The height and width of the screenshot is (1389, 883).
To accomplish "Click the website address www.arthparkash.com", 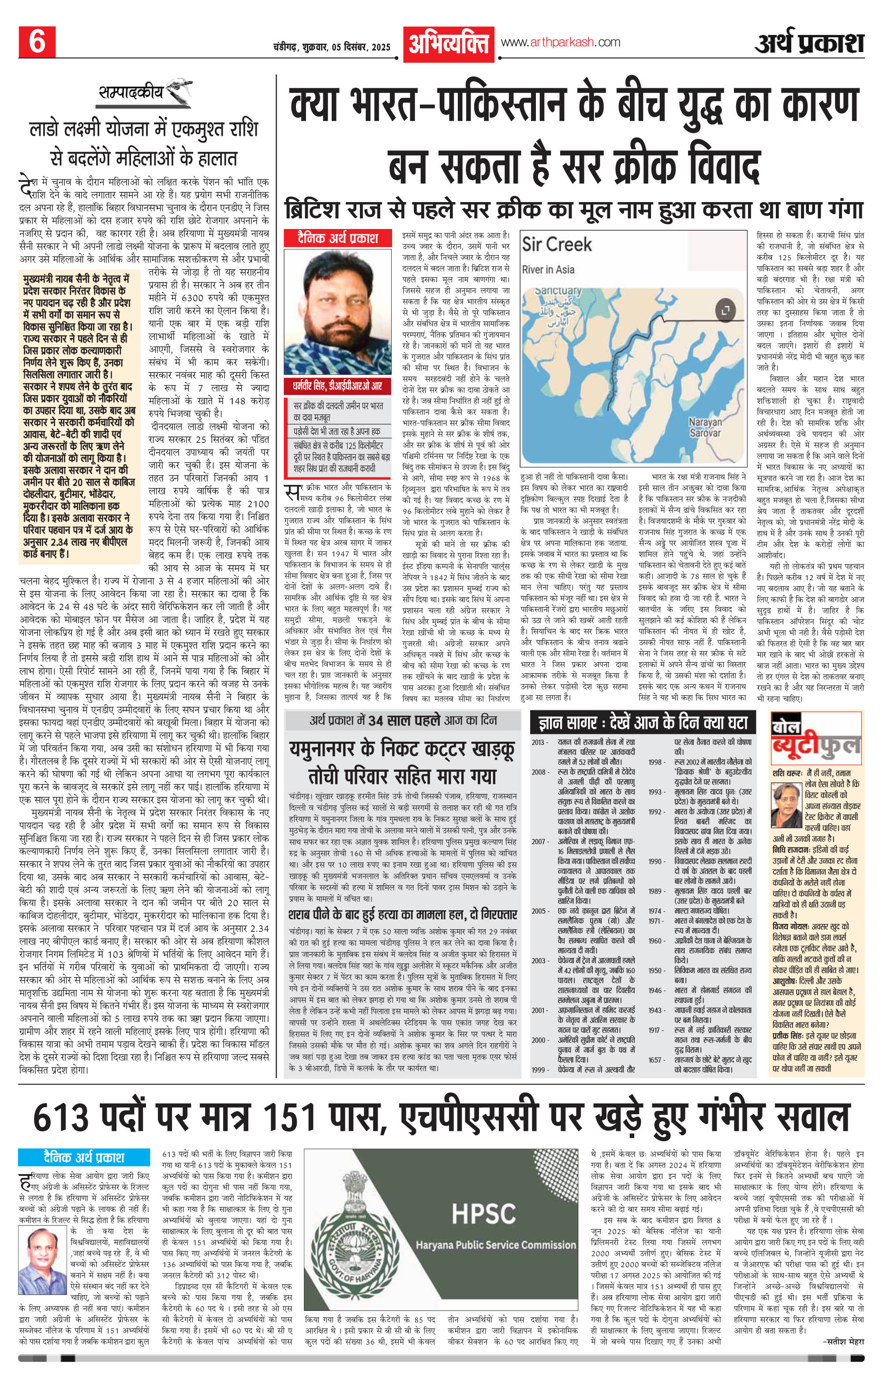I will [x=560, y=42].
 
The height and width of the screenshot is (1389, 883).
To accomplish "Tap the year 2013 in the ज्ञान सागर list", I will [x=540, y=741].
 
